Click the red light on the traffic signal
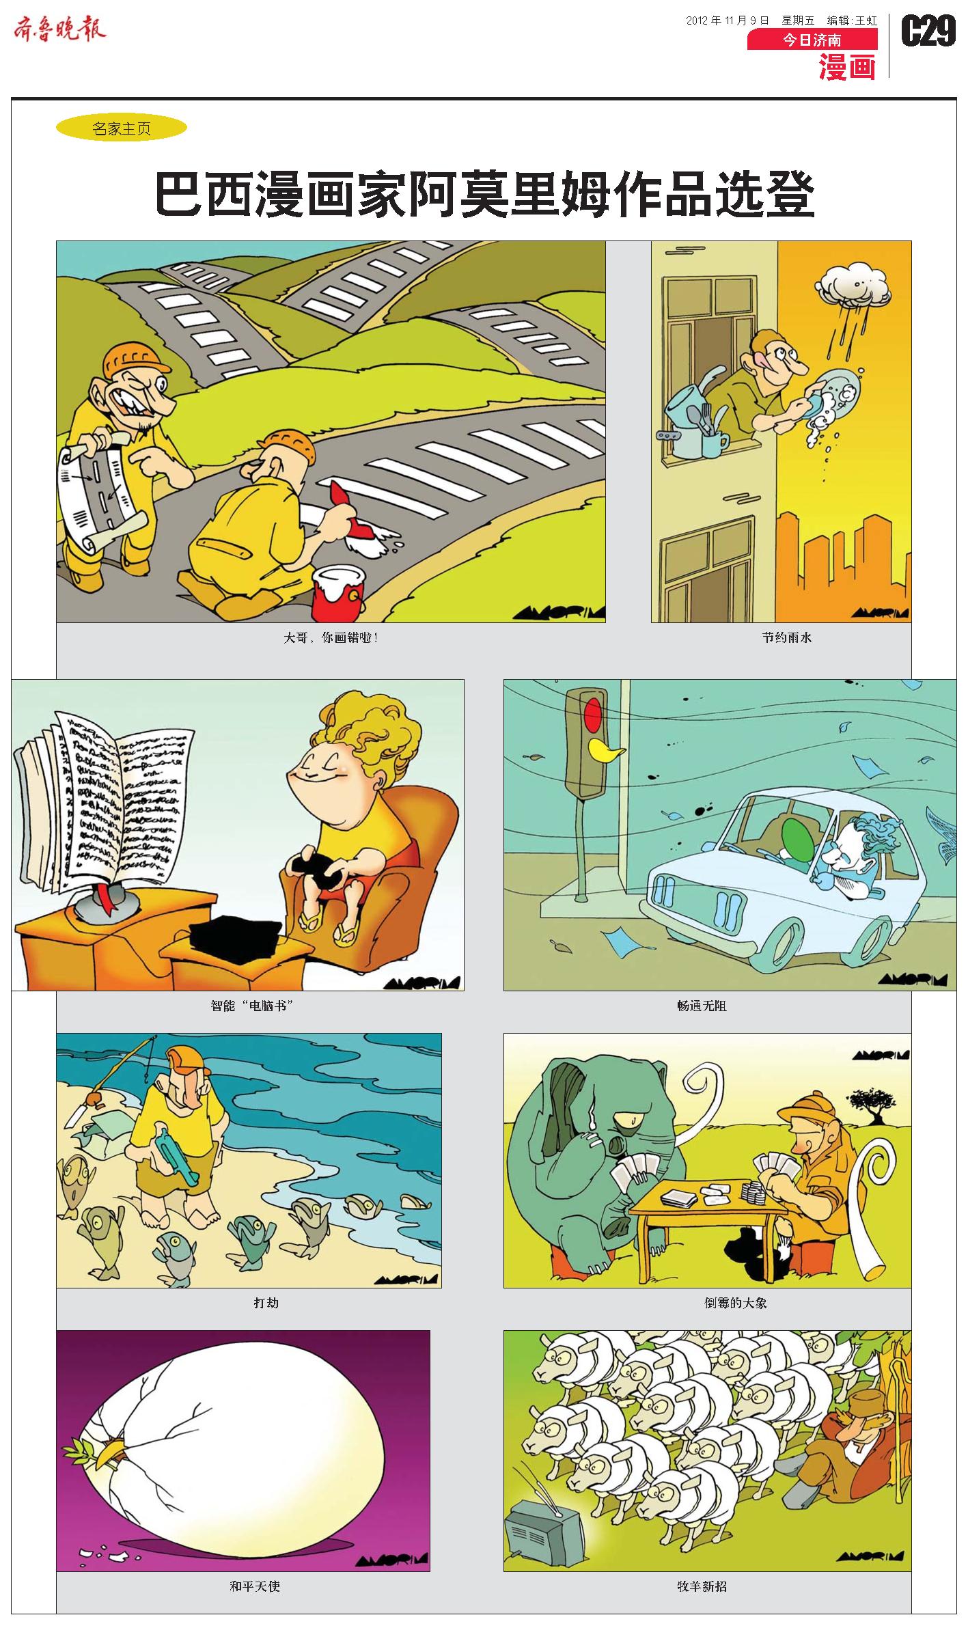pos(594,713)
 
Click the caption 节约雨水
pos(787,637)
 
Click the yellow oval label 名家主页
pos(121,128)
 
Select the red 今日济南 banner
pos(812,40)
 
